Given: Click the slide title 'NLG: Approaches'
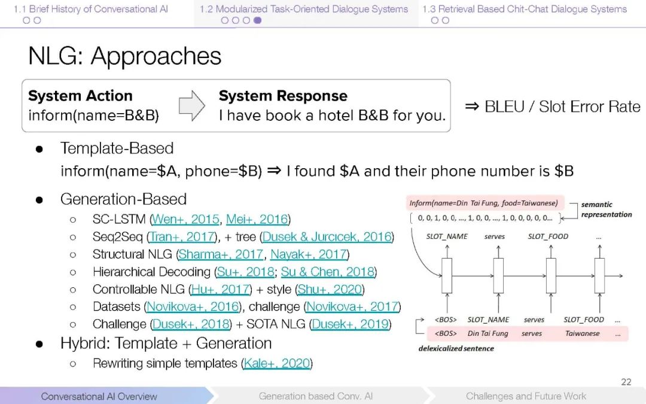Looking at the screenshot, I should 124,56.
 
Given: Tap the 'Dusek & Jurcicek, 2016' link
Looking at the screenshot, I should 327,237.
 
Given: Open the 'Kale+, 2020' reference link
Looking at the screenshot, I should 277,363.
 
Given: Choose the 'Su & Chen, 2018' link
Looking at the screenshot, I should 328,272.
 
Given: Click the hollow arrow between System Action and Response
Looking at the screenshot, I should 191,105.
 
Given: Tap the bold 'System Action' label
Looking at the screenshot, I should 80,96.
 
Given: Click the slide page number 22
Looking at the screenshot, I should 626,382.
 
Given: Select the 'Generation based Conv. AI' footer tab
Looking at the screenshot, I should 315,396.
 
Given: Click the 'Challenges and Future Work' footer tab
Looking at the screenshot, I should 526,396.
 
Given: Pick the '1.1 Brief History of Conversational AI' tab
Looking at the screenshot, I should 91,9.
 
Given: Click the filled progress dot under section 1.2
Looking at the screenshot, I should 257,20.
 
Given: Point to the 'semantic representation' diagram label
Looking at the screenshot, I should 605,209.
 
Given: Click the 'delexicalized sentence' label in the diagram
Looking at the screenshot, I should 456,348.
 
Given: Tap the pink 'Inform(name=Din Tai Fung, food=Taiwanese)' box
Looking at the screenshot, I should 483,203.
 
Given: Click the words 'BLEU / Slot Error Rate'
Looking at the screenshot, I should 562,107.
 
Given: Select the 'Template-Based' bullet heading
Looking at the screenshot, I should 117,148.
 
